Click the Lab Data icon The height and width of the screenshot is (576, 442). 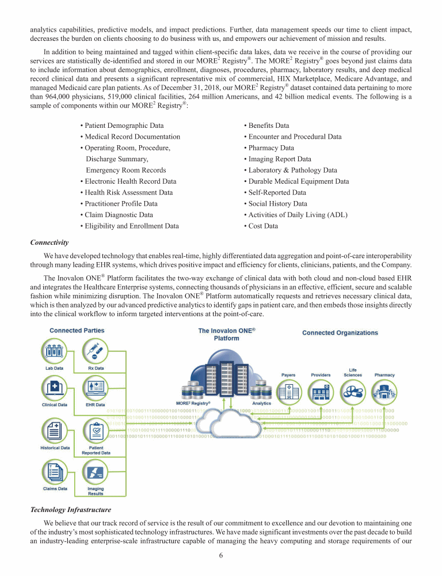[55, 350]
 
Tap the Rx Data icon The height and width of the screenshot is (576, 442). [95, 350]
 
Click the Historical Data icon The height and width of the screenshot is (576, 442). [55, 430]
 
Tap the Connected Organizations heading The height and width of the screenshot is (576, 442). [340, 332]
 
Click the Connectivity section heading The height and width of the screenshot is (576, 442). [49, 242]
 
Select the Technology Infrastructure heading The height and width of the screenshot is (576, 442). [70, 510]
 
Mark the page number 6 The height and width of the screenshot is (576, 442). [221, 555]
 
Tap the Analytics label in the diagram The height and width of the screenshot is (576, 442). [262, 403]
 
